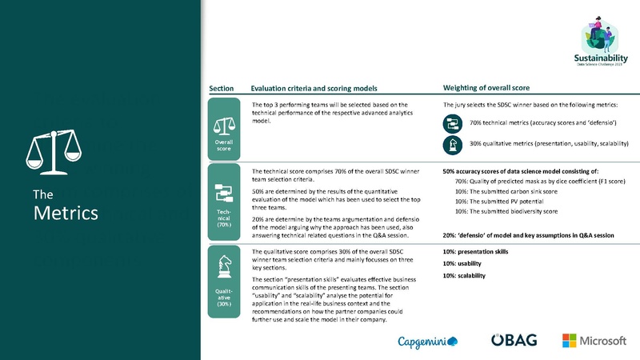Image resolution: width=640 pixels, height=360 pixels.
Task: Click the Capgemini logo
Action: tap(428, 342)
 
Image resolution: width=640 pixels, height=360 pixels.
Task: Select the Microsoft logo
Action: tap(594, 341)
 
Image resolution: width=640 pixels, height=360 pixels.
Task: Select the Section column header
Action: tap(221, 87)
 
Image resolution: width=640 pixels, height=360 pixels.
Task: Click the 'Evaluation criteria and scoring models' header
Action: tap(314, 87)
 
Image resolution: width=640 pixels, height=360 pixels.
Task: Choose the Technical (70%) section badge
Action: tap(224, 203)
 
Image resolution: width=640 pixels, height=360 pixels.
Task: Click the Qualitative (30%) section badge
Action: tap(224, 279)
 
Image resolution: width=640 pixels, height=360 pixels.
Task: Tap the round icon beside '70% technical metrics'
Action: tap(454, 122)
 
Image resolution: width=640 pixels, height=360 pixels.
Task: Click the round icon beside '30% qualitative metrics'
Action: tap(454, 144)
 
